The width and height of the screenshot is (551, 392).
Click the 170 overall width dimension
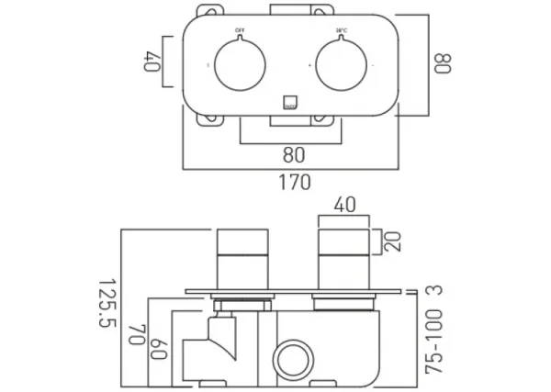(294, 182)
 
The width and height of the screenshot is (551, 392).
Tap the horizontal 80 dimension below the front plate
(294, 155)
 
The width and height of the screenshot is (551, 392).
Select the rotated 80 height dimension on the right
(444, 65)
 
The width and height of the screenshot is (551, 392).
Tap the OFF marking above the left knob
(240, 30)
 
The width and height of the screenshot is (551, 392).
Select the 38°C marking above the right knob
(342, 30)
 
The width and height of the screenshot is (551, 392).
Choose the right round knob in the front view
(343, 67)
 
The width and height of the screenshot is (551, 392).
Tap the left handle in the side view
(242, 258)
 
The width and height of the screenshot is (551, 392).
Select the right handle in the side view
(342, 258)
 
